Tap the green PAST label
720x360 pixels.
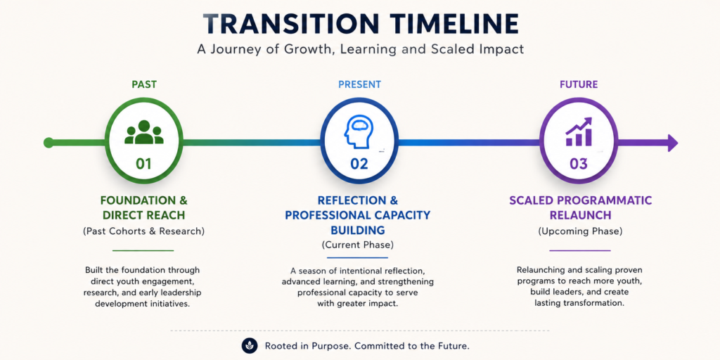click(144, 84)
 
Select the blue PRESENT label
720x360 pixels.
click(359, 84)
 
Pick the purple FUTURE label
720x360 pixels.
click(579, 84)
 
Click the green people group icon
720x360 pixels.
click(143, 132)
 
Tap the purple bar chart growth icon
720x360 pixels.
click(579, 131)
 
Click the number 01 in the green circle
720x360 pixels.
click(143, 164)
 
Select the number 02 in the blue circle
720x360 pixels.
click(359, 164)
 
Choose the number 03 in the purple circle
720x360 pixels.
click(579, 164)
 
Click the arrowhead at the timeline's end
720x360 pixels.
click(673, 143)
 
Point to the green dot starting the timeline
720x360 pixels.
click(49, 143)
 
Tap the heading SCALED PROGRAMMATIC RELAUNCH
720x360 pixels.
click(580, 207)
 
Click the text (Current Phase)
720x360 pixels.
click(358, 245)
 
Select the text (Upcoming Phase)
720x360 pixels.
click(580, 231)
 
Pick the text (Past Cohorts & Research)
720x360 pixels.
click(143, 231)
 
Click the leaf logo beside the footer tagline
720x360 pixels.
click(250, 346)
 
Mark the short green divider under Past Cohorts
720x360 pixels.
click(143, 251)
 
